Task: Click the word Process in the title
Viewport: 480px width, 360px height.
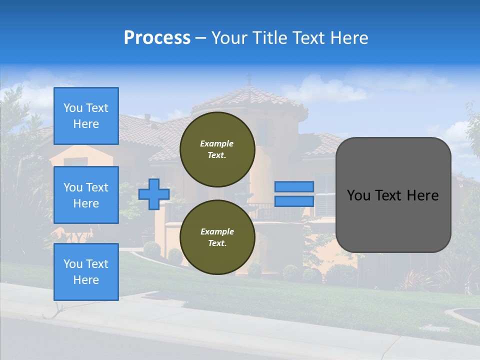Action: coord(157,38)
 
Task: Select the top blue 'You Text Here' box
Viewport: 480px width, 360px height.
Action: coord(86,116)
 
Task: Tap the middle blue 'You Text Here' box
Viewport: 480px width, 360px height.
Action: coord(86,195)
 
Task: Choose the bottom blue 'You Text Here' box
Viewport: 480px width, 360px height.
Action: coord(86,271)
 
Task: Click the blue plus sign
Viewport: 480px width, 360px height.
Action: coord(154,194)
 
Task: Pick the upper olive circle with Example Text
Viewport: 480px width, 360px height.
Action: coord(217,149)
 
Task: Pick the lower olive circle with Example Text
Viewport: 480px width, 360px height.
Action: coord(217,237)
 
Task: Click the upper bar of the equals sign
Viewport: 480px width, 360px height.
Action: coord(294,186)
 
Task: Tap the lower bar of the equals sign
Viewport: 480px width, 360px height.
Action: coord(294,201)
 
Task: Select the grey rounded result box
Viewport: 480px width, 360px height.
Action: coord(393,195)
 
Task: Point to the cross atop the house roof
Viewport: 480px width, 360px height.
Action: coord(249,78)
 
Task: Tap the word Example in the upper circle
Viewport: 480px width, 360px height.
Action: coord(216,143)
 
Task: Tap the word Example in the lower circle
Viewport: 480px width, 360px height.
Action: coord(217,231)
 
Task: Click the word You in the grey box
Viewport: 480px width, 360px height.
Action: coord(358,195)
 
